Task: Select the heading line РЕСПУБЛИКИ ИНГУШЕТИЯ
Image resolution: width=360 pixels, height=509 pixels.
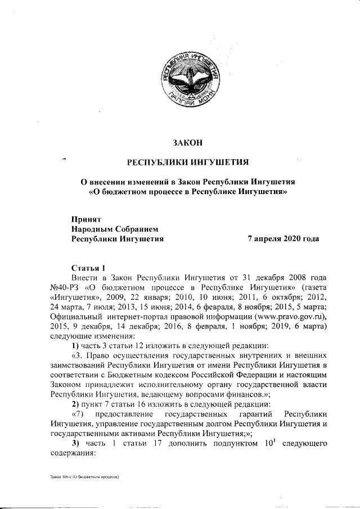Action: [188, 163]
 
